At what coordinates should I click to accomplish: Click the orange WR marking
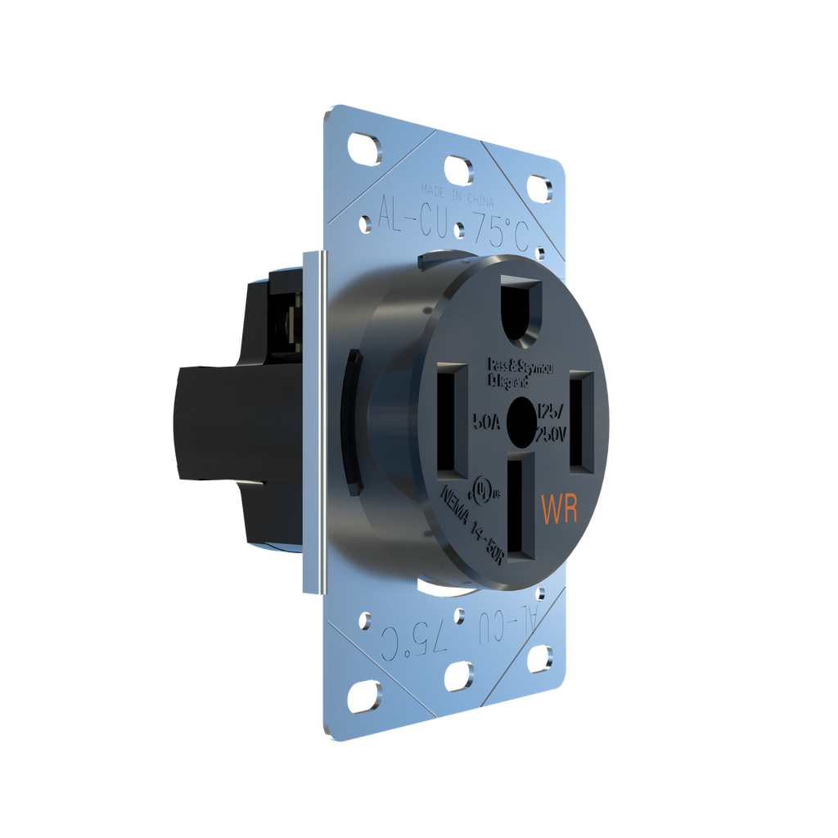click(560, 508)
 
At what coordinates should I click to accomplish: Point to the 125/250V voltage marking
click(550, 422)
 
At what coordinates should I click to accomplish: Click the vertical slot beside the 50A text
click(453, 420)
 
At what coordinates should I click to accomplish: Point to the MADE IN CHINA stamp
click(457, 193)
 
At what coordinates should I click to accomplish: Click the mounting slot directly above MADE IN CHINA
click(458, 169)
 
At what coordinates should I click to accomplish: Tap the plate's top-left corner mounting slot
click(364, 151)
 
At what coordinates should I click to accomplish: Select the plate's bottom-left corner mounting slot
click(364, 696)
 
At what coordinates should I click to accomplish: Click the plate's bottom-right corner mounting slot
click(539, 657)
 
